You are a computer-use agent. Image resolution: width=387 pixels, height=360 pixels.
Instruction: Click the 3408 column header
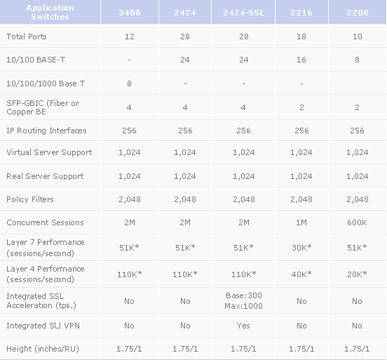coord(130,13)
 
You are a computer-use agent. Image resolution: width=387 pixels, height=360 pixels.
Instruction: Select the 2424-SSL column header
coord(243,13)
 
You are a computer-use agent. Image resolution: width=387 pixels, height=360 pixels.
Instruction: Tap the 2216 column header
coord(301,13)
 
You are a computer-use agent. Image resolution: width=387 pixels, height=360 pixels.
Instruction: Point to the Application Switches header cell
coord(50,12)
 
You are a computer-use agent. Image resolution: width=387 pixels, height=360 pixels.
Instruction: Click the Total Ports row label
coord(27,36)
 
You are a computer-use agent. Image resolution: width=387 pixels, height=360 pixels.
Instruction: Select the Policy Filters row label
coord(30,199)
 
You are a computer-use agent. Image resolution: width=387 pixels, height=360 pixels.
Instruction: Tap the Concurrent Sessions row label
coord(45,222)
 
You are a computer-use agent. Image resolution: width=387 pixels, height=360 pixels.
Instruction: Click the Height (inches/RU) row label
coord(43,349)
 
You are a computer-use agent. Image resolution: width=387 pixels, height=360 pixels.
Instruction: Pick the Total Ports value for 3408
coord(130,36)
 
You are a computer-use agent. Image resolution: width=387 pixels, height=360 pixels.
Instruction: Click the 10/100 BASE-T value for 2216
coord(301,60)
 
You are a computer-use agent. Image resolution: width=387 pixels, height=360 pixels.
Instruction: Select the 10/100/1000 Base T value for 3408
coord(129,84)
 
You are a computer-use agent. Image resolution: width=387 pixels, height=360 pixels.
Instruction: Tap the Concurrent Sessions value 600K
coord(357,222)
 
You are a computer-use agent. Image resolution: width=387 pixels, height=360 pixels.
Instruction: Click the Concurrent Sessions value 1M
coord(301,222)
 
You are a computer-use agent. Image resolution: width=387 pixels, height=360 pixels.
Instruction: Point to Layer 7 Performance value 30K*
coord(301,247)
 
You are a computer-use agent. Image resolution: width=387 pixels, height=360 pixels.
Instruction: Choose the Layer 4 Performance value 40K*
coord(301,274)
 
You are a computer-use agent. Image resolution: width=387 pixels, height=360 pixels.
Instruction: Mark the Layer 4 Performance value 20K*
coord(357,274)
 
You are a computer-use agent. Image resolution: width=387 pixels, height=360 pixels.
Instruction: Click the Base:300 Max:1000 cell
coord(243,300)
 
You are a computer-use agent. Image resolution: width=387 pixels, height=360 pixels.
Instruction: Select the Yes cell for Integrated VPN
coord(243,326)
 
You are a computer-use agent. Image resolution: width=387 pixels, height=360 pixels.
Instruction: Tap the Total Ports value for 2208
coord(357,36)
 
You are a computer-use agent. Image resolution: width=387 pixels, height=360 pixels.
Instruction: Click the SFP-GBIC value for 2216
coord(301,107)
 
